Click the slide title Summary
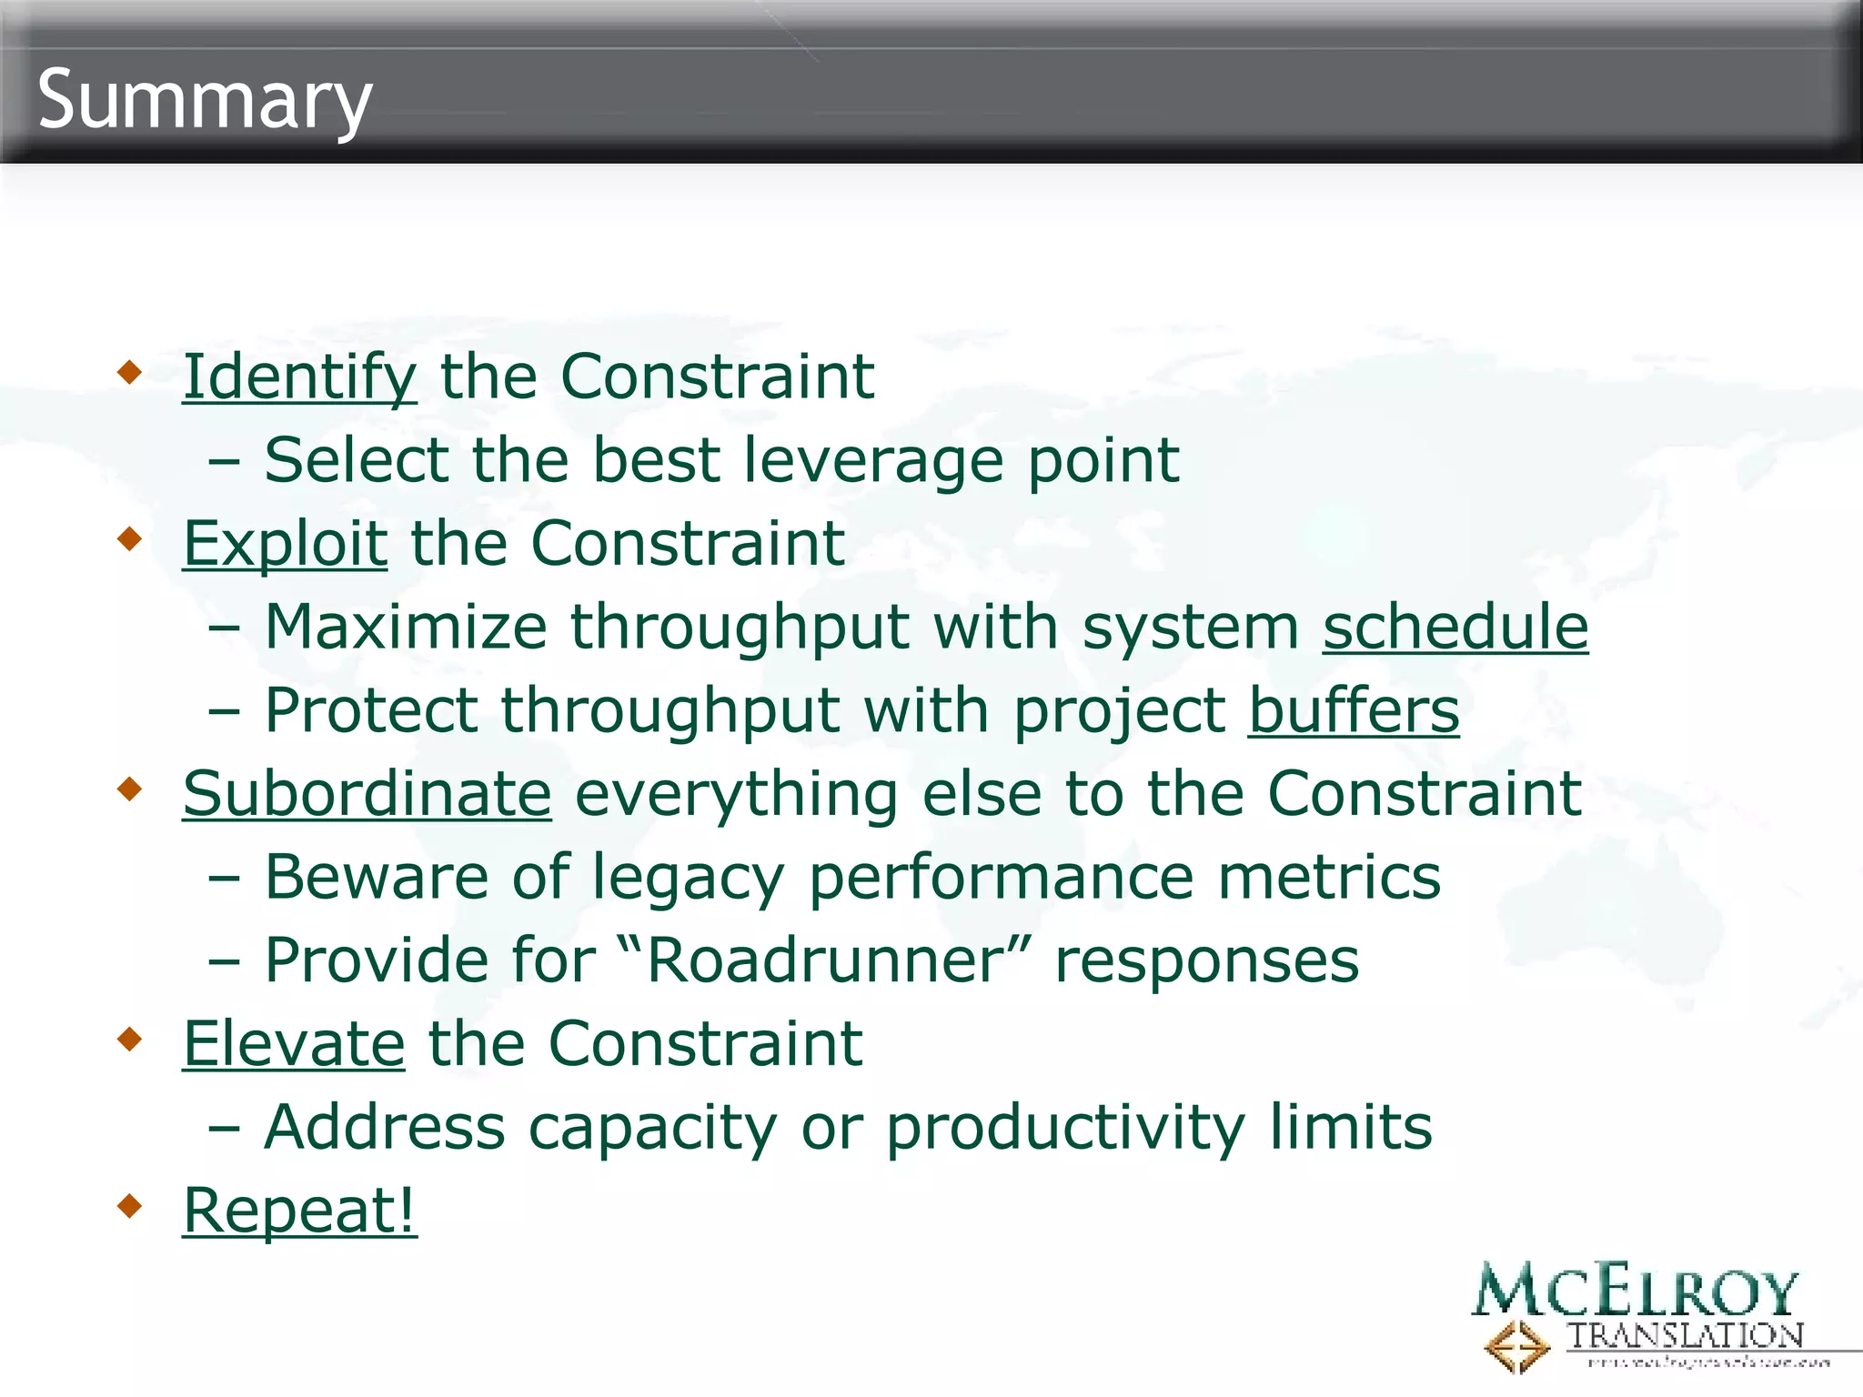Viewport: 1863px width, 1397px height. [205, 100]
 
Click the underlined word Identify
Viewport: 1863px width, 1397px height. [299, 377]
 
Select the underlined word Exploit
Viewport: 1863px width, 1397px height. [285, 544]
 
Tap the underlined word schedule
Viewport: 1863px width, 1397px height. [1455, 627]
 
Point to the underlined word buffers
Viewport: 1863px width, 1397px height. [1353, 710]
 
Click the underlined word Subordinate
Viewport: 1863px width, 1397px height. [367, 794]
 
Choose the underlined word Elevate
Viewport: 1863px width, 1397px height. [293, 1043]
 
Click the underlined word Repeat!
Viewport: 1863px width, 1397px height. [299, 1211]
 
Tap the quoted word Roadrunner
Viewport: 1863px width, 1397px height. [824, 960]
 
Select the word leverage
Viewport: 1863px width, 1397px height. [873, 460]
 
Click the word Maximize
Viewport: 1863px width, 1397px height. [406, 627]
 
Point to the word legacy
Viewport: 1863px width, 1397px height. [688, 878]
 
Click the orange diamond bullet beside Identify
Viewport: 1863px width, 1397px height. [131, 372]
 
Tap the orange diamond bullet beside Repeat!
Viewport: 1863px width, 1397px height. [131, 1206]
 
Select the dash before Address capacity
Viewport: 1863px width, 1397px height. [224, 1129]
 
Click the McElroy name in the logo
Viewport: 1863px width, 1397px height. [1635, 1291]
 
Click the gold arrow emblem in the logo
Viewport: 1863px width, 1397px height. [1516, 1346]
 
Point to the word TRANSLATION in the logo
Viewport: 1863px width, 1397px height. [1685, 1335]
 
